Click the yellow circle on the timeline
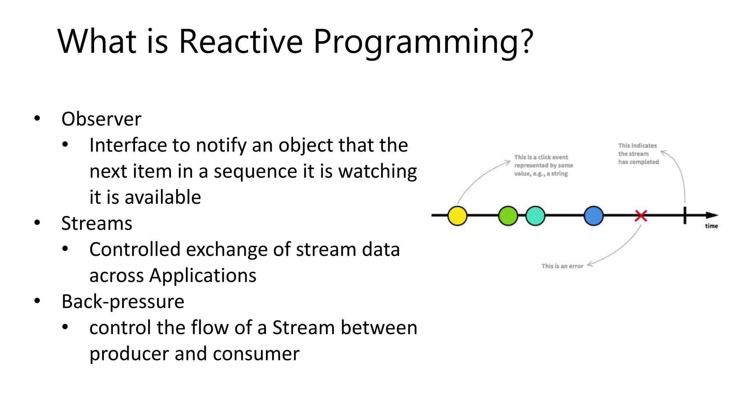(x=457, y=216)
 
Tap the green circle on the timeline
(x=508, y=216)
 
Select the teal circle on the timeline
(x=535, y=216)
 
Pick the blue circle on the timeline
(x=594, y=216)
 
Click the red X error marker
(x=641, y=216)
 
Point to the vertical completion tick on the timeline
(x=685, y=215)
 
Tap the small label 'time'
(x=711, y=226)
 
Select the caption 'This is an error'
(x=562, y=266)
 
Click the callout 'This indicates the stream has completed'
(x=638, y=154)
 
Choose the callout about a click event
(x=543, y=165)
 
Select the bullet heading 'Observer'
(x=101, y=119)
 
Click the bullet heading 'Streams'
(x=97, y=223)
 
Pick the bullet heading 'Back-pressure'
(x=123, y=302)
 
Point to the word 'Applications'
(x=203, y=275)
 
